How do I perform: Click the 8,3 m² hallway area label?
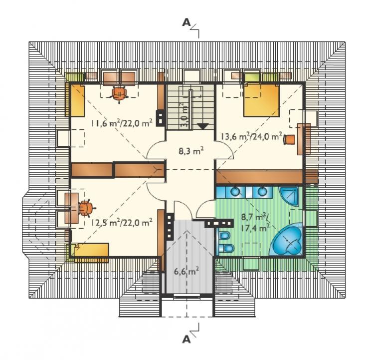pos(191,151)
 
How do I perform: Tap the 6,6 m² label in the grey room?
pos(186,272)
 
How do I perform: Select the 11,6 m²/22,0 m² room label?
pos(122,123)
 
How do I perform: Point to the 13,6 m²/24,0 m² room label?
pos(251,136)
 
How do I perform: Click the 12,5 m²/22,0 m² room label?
pos(122,222)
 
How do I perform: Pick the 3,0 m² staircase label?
pos(185,115)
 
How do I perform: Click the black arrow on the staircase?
pos(202,126)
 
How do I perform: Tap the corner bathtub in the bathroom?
pos(287,239)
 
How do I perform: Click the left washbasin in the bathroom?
pos(235,192)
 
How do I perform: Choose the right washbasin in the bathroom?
pos(261,192)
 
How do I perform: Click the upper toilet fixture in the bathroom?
pos(224,236)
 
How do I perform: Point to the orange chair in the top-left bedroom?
pos(120,93)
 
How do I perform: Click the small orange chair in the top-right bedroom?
pos(289,139)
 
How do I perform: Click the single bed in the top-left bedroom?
pos(77,100)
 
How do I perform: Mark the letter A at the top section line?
pos(186,22)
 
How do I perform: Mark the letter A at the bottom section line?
pos(186,339)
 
